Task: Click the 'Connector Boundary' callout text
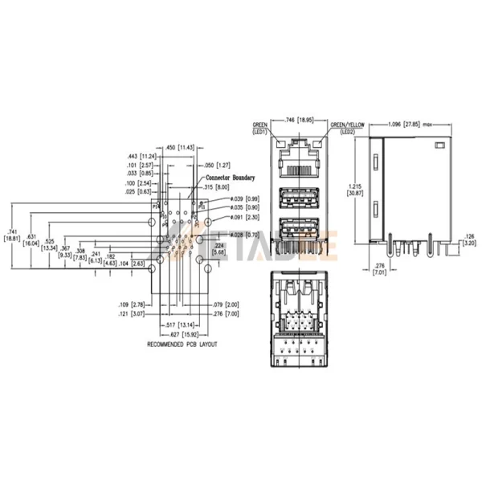pyautogui.click(x=231, y=176)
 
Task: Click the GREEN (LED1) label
pyautogui.click(x=260, y=128)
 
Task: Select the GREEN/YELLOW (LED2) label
pyautogui.click(x=348, y=128)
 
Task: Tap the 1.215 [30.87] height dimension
pyautogui.click(x=351, y=190)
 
